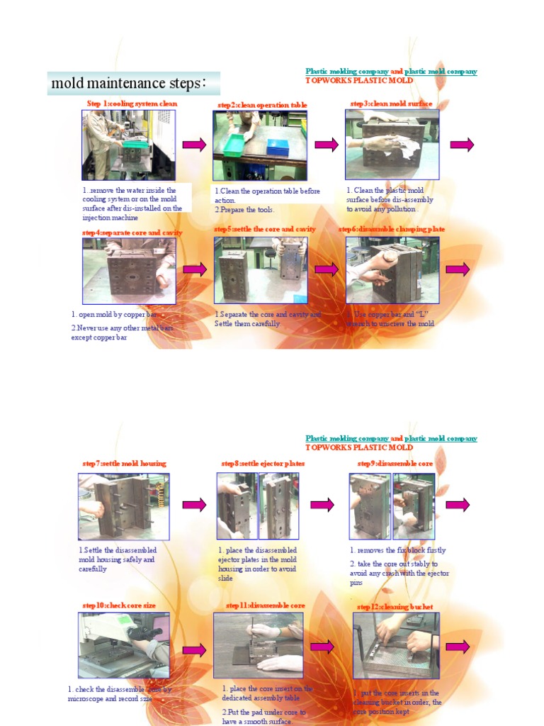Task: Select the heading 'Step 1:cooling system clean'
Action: coord(132,104)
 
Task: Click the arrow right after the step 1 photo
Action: coord(194,145)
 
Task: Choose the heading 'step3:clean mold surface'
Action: coord(391,104)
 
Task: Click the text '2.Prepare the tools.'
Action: coord(244,210)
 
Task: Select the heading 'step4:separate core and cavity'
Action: coord(132,233)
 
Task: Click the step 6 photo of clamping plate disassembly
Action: coord(392,270)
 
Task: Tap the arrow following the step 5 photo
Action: coord(327,270)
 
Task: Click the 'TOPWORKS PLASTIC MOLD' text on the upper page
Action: coord(359,81)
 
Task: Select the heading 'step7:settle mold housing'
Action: coord(124,464)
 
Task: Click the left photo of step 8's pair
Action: coord(237,506)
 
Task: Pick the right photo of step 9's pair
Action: coord(414,506)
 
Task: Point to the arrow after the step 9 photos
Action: coord(458,505)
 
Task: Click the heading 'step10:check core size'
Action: coord(119,605)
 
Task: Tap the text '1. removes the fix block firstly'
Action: coord(397,550)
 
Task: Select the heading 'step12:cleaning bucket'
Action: coord(395,607)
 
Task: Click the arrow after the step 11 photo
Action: coord(322,647)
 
